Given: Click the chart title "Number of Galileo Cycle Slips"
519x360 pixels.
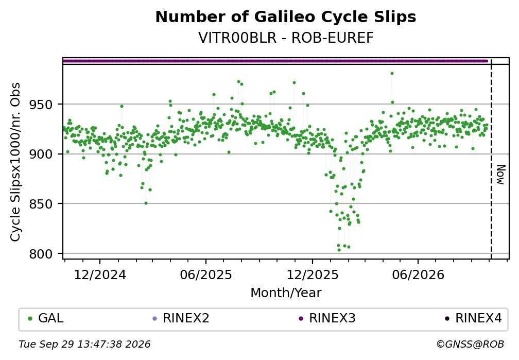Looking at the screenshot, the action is click(286, 17).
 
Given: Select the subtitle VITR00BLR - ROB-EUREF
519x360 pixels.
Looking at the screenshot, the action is click(286, 38).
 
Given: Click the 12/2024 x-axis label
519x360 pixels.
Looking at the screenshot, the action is click(100, 275).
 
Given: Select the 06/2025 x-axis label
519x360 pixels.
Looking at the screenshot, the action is click(206, 275).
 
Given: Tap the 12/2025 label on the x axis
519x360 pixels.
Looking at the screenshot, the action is click(313, 275).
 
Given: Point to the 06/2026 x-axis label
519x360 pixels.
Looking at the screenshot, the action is click(418, 275).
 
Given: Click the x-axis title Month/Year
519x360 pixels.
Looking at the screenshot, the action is click(286, 293).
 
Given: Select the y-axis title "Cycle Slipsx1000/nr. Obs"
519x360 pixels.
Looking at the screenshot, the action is click(15, 162).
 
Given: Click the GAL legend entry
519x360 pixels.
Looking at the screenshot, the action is click(46, 318).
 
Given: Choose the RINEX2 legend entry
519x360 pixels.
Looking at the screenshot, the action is click(181, 318).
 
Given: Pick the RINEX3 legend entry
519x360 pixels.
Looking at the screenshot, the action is click(327, 318).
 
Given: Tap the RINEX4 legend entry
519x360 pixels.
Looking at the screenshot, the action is click(473, 318).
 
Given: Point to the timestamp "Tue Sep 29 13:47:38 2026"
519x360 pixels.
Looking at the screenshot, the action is click(85, 345).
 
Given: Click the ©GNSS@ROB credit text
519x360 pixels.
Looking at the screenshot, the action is click(470, 345).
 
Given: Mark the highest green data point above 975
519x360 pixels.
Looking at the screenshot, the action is click(392, 74).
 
